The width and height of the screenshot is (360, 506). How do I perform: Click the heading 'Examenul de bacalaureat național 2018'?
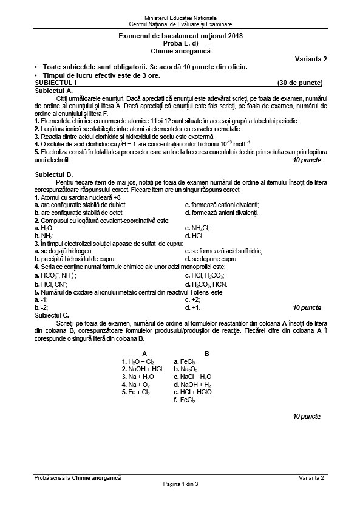coord(180,38)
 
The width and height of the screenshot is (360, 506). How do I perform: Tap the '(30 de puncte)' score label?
coord(299,82)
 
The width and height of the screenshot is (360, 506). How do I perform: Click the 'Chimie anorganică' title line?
coord(180,52)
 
